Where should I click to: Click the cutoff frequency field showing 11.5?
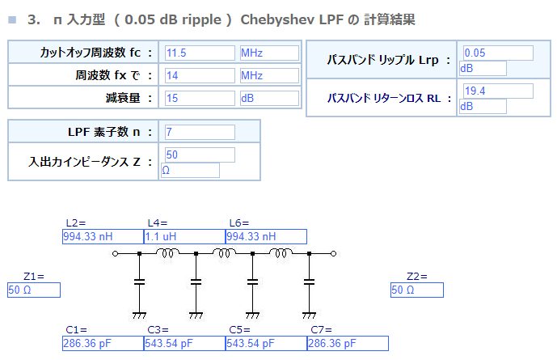coord(200,53)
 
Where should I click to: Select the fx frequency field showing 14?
coord(200,75)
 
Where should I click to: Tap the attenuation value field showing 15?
coord(200,98)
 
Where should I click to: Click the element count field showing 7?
coord(200,132)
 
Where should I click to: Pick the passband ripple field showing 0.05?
coord(498,53)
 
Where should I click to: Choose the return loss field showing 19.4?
coord(498,91)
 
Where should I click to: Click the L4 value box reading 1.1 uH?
coord(184,237)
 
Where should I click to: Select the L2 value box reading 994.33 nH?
coord(103,237)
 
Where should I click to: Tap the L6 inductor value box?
coord(266,237)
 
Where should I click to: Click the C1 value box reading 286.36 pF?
coord(103,343)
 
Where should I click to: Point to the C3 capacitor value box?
coord(184,343)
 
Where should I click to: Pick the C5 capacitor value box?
coord(266,343)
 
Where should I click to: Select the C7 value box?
coord(348,343)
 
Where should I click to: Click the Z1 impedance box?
coord(34,290)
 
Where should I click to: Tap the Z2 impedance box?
coord(417,290)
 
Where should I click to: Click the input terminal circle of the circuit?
coord(115,254)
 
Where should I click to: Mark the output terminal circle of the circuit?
coord(333,254)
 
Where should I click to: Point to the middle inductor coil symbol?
coord(224,253)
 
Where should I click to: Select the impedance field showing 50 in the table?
coord(200,155)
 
